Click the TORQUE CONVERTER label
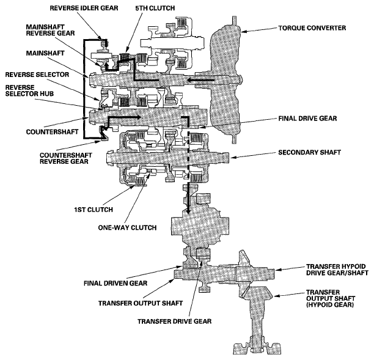[295, 29]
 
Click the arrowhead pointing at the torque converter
[244, 28]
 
